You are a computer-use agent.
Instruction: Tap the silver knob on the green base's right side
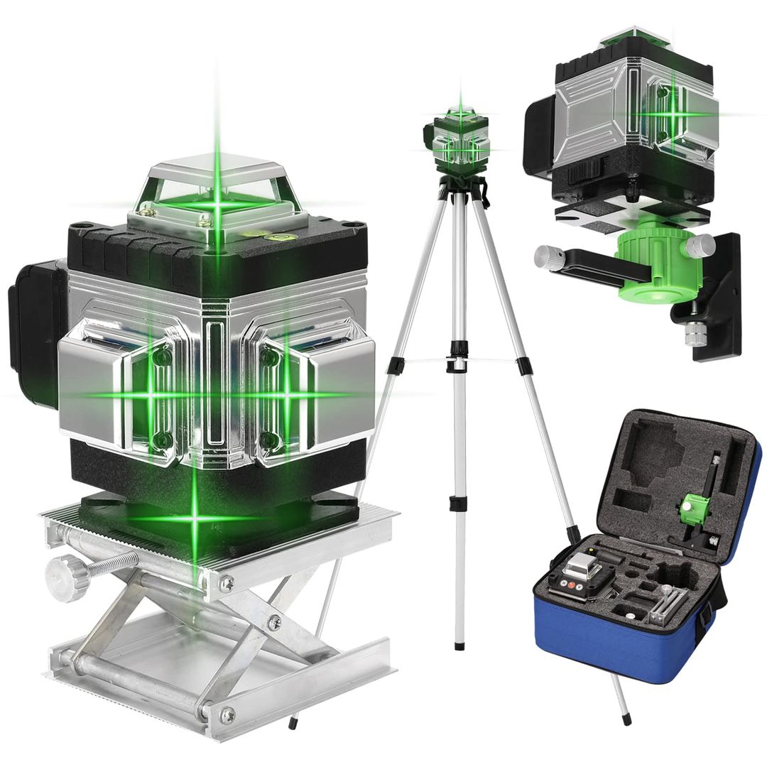[701, 245]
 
